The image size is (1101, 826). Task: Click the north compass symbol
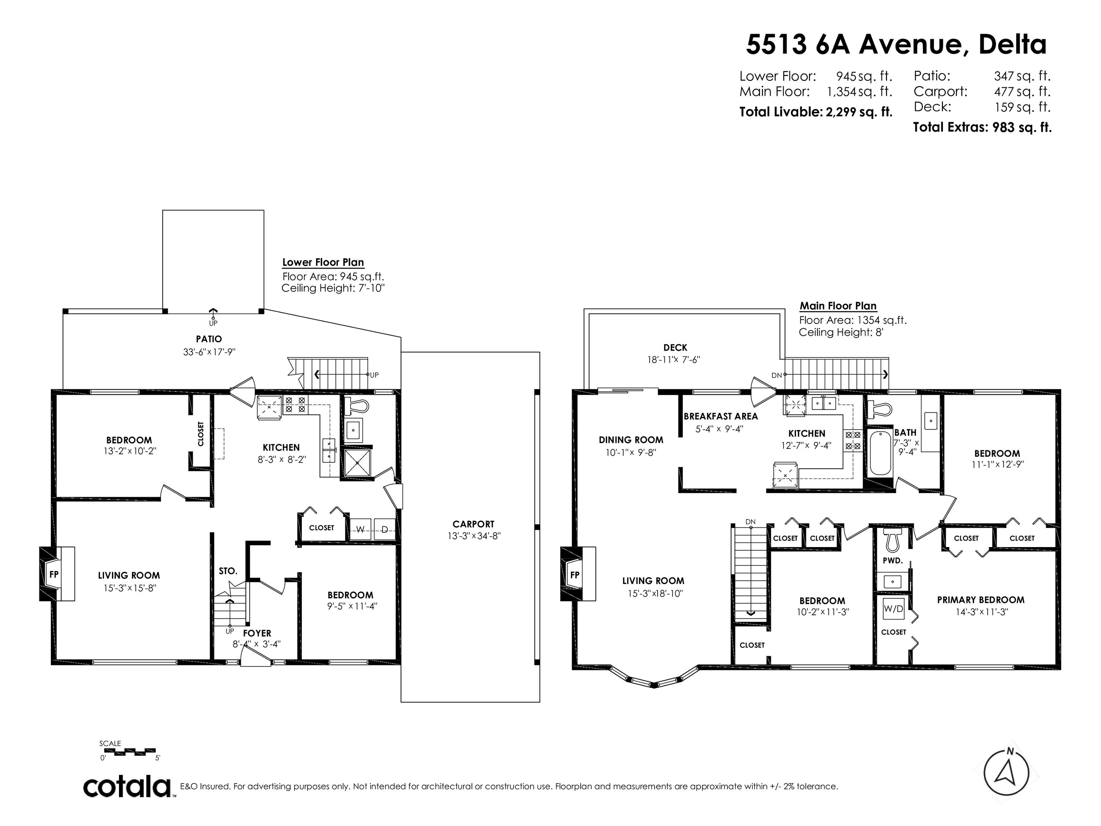click(x=1006, y=773)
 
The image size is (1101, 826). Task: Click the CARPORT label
click(x=473, y=524)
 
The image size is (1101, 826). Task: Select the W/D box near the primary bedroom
click(x=893, y=609)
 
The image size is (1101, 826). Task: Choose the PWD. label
click(x=892, y=560)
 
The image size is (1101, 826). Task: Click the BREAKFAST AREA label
click(x=720, y=416)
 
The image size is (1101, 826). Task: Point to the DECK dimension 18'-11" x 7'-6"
click(x=673, y=360)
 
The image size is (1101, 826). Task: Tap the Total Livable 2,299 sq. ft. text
click(x=816, y=111)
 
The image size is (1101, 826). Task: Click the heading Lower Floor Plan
click(x=323, y=262)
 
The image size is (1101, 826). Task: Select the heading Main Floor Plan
click(x=838, y=306)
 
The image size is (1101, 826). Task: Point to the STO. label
click(x=228, y=571)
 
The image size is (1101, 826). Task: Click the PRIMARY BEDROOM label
click(x=981, y=600)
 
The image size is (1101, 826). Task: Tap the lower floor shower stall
click(x=358, y=462)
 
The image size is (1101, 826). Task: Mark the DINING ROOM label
click(x=631, y=440)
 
